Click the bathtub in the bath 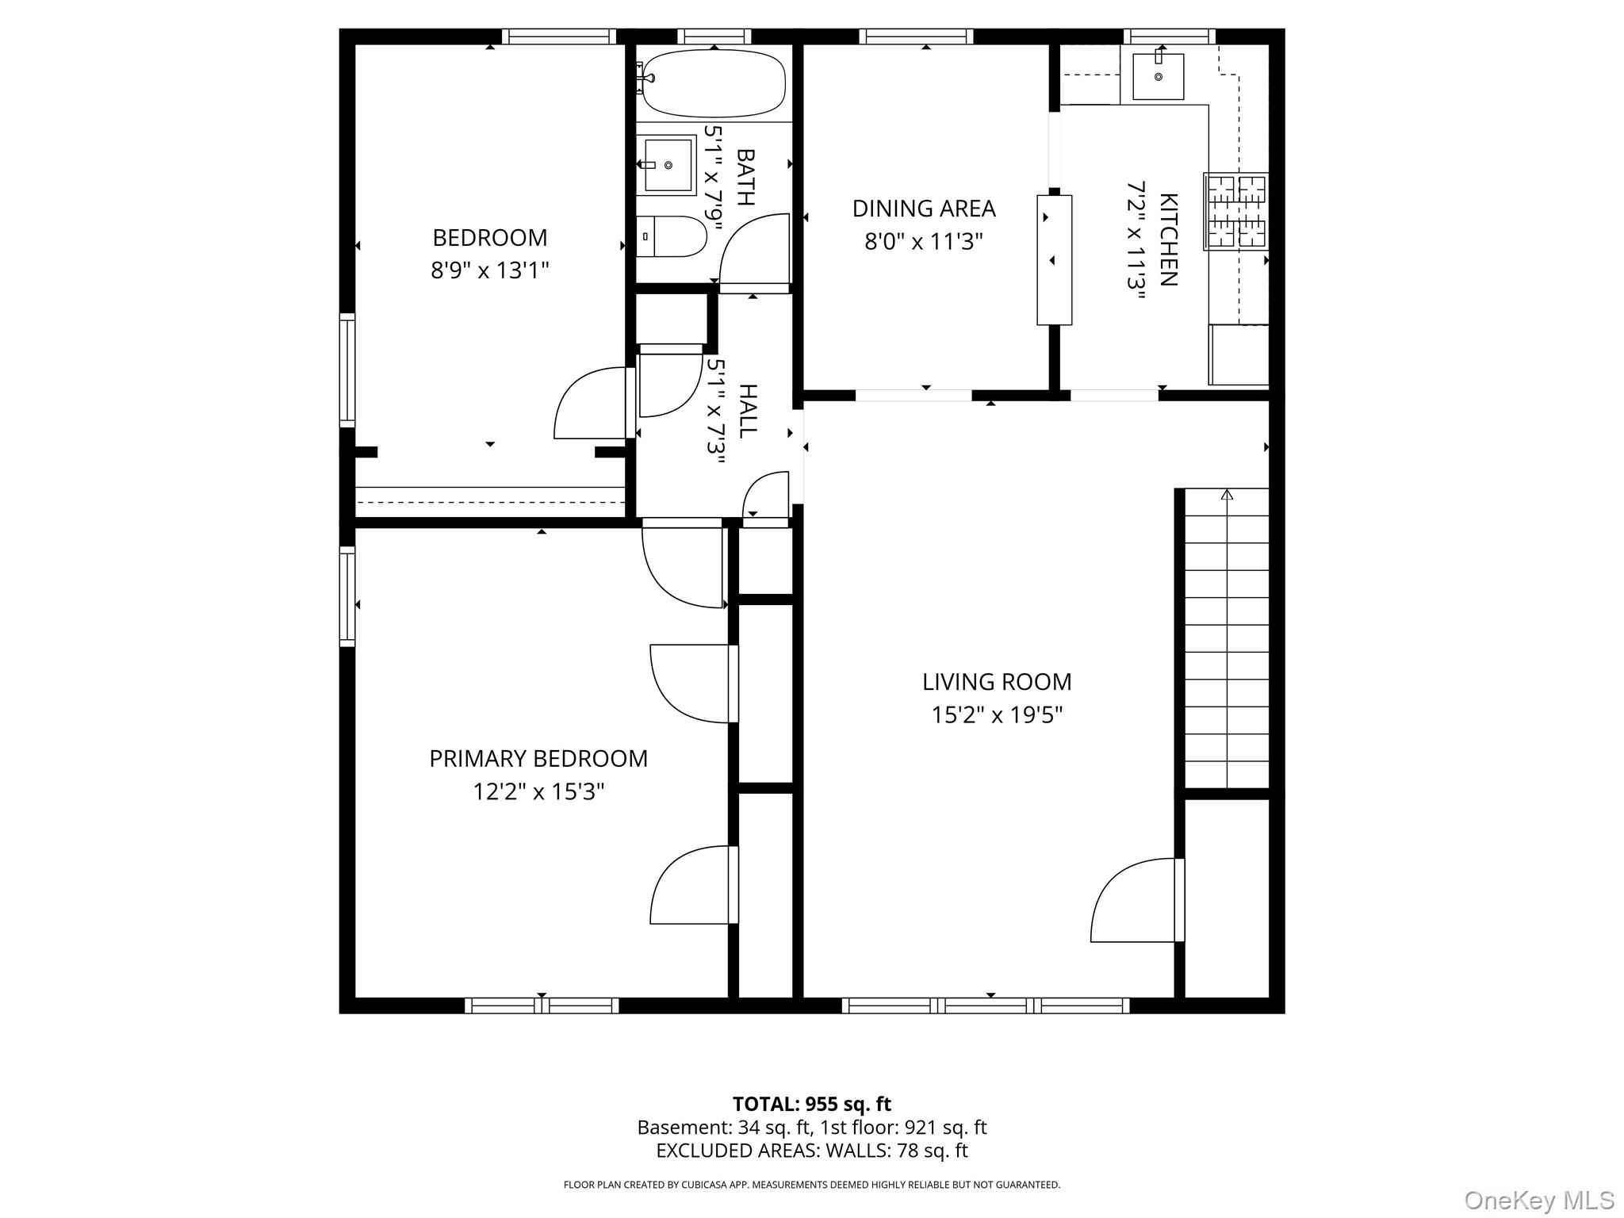[x=713, y=83]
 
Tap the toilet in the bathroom [x=672, y=236]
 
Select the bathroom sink [x=668, y=165]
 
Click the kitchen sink [x=1158, y=76]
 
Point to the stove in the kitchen [x=1235, y=211]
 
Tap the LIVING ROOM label [x=996, y=682]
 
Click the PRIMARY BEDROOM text [x=538, y=759]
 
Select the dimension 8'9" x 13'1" [x=490, y=271]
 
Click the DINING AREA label [x=924, y=209]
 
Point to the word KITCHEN [x=1169, y=239]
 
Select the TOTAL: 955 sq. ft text [x=811, y=1104]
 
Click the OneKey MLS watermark [x=1538, y=1201]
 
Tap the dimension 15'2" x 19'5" [x=996, y=715]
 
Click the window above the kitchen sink [x=1169, y=36]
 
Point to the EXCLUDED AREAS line [x=811, y=1151]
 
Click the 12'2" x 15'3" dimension [x=538, y=792]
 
